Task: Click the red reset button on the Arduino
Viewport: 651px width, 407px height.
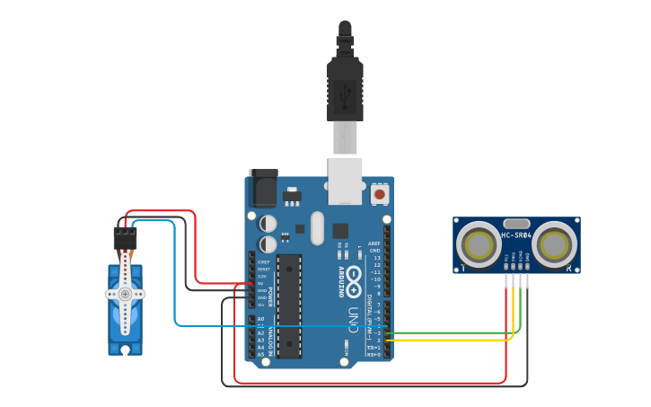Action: click(379, 193)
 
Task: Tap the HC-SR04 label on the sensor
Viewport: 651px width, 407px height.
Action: click(516, 236)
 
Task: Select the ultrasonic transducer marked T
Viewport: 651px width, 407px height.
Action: click(478, 244)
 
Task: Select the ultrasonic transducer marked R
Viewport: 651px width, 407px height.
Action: click(555, 244)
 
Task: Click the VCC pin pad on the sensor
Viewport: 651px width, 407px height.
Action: click(506, 269)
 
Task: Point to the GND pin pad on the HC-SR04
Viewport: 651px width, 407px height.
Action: click(528, 269)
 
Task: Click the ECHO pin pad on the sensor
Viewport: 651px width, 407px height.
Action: click(521, 269)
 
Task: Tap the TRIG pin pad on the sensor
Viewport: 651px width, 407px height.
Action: click(514, 269)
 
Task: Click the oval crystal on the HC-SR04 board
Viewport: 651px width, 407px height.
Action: click(516, 223)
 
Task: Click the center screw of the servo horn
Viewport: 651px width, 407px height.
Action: click(125, 294)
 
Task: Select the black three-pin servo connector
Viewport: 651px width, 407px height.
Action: click(125, 237)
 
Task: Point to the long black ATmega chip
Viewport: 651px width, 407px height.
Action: click(288, 305)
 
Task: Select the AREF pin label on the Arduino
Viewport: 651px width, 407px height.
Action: click(374, 243)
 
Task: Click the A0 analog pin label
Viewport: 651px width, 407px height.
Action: click(261, 319)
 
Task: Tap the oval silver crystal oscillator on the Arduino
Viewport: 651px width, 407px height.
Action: click(317, 227)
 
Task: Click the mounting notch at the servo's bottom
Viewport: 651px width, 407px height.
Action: click(126, 349)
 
